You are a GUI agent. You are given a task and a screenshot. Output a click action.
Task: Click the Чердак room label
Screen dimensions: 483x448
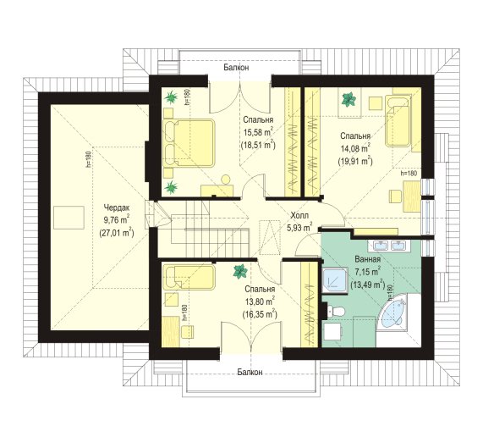117,207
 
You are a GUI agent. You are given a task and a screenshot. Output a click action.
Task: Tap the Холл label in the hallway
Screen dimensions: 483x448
299,215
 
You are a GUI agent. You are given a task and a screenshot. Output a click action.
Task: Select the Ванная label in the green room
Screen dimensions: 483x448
367,259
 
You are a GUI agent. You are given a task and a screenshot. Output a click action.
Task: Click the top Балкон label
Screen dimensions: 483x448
236,68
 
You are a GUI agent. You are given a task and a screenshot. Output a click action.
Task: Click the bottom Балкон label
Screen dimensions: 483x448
250,372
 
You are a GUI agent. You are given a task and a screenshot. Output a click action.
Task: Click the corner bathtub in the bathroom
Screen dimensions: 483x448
397,314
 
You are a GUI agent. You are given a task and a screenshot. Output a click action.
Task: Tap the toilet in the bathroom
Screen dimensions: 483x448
337,311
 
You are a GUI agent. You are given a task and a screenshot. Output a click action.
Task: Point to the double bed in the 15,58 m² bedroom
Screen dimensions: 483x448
189,143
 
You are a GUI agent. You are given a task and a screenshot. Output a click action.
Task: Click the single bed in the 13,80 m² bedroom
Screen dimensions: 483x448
189,277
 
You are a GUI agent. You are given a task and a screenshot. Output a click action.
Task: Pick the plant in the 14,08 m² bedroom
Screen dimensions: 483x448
349,100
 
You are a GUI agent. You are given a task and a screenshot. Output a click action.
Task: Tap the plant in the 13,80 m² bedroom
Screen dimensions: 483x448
240,271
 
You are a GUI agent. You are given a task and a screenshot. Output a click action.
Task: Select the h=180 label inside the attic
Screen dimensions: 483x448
89,159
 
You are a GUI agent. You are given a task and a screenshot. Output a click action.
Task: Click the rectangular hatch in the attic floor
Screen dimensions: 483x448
69,218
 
